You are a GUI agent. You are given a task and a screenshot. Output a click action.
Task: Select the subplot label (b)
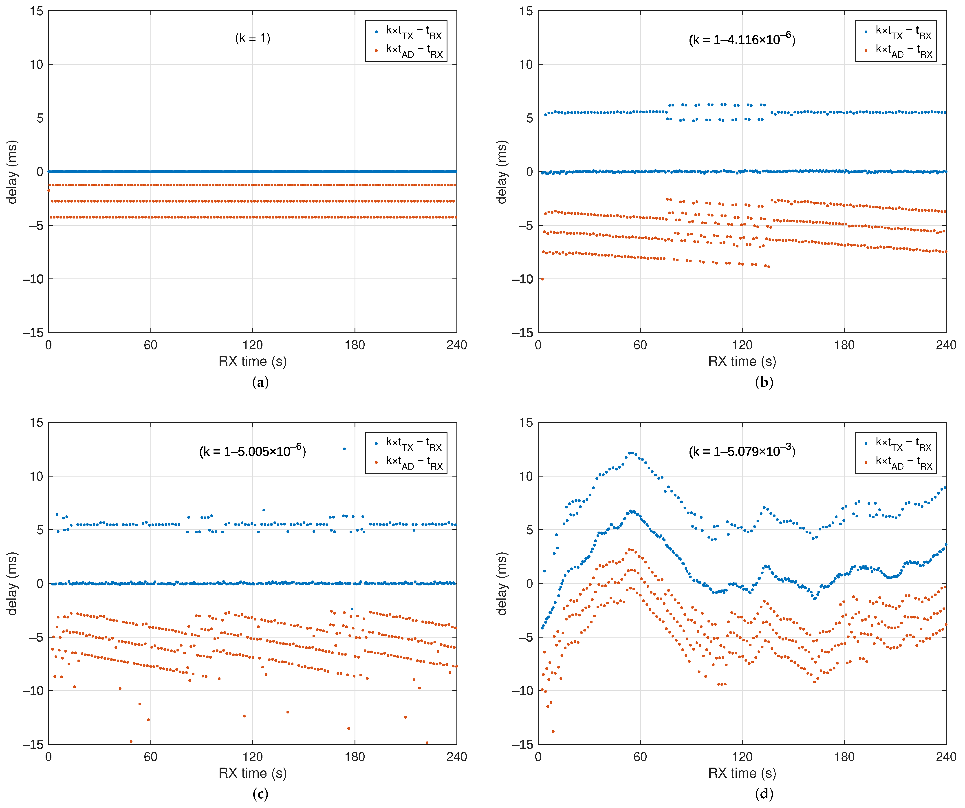tap(764, 382)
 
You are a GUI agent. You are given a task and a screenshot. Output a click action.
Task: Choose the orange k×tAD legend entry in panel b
tap(903, 51)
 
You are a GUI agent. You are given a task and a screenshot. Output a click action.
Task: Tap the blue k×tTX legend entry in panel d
tap(903, 444)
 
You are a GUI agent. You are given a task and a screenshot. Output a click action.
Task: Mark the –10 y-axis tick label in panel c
tap(33, 691)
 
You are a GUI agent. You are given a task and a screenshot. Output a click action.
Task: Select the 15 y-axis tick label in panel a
tap(37, 11)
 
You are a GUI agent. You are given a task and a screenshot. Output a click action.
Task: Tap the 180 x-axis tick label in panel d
tap(844, 757)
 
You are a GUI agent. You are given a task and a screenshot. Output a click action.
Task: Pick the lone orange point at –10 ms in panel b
tap(542, 279)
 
